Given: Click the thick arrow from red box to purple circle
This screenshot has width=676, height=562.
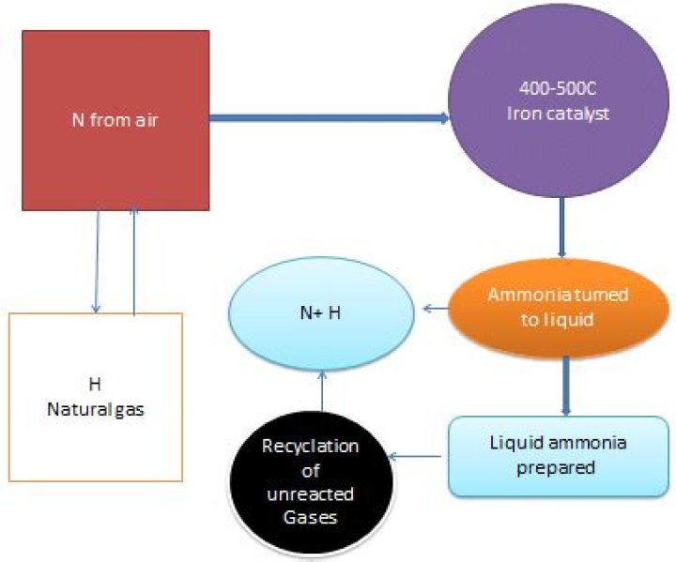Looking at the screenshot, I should [329, 118].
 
